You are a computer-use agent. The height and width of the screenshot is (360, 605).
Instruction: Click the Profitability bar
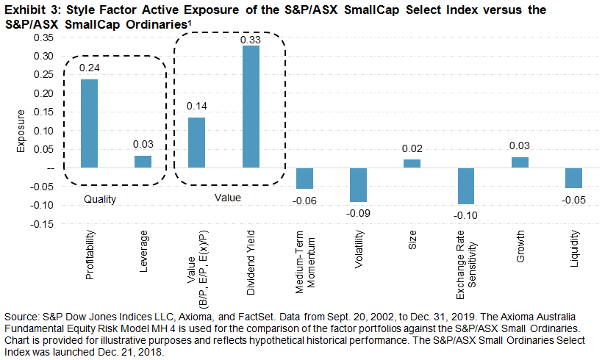pyautogui.click(x=89, y=123)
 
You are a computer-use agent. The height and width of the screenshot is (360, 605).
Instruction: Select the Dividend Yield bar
pyautogui.click(x=252, y=107)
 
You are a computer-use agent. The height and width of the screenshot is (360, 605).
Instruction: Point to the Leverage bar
pyautogui.click(x=143, y=162)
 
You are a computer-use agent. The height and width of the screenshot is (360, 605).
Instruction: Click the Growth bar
pyautogui.click(x=520, y=162)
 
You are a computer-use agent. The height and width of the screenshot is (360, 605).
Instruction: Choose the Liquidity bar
pyautogui.click(x=573, y=178)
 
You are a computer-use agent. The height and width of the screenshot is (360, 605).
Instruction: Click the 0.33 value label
pyautogui.click(x=252, y=39)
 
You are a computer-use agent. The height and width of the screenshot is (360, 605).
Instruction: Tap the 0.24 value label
pyautogui.click(x=89, y=68)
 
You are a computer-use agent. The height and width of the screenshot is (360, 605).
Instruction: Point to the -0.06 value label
pyautogui.click(x=304, y=200)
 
